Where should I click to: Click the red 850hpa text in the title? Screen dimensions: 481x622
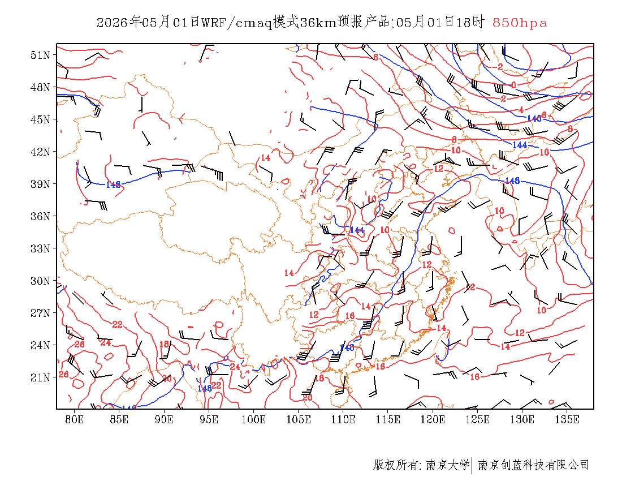(x=520, y=23)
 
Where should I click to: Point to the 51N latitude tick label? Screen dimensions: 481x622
(x=41, y=55)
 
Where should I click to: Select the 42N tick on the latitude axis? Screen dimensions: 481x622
(x=41, y=152)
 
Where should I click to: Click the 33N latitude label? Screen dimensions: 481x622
(x=41, y=248)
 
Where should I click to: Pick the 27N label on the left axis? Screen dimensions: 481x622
(x=41, y=313)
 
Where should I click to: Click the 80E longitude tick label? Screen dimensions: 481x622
(x=75, y=419)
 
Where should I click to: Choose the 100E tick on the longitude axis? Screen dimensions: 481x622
(x=253, y=419)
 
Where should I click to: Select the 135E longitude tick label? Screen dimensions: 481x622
(x=567, y=419)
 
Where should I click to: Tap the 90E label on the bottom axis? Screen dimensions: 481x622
(x=164, y=419)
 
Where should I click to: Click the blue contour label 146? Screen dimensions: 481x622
(x=534, y=118)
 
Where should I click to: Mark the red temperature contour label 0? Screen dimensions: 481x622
(x=513, y=85)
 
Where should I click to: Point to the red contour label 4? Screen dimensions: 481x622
(x=521, y=109)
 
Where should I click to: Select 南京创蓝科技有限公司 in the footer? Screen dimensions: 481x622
(x=533, y=465)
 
